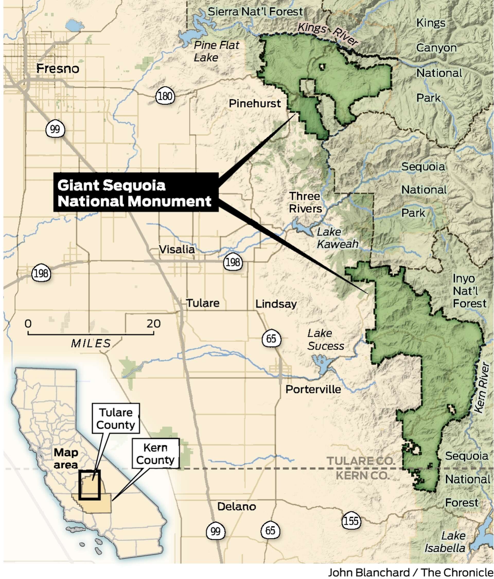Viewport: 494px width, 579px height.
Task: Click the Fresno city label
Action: click(58, 68)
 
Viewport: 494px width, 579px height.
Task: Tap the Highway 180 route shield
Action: click(165, 97)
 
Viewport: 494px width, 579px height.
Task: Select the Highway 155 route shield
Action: click(351, 521)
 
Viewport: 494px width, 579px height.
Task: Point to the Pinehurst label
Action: click(254, 104)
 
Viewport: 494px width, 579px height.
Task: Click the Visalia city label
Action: click(177, 249)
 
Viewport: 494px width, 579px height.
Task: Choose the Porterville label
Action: click(313, 389)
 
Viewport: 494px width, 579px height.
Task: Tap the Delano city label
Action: click(236, 506)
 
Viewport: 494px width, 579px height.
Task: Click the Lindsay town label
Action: click(276, 304)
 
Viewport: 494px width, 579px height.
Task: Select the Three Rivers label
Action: click(305, 202)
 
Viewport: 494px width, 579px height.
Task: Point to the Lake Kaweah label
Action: click(337, 238)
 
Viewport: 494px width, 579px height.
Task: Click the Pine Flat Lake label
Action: click(216, 51)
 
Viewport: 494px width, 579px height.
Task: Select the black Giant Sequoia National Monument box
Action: click(136, 192)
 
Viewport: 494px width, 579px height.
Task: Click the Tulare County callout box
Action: click(116, 418)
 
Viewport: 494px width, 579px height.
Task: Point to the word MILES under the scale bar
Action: click(91, 343)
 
